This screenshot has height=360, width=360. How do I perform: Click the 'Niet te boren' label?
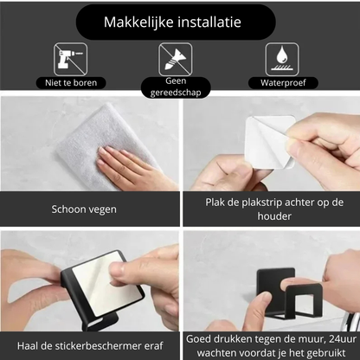click(72, 83)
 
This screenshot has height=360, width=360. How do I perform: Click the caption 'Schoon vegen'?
click(83, 209)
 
